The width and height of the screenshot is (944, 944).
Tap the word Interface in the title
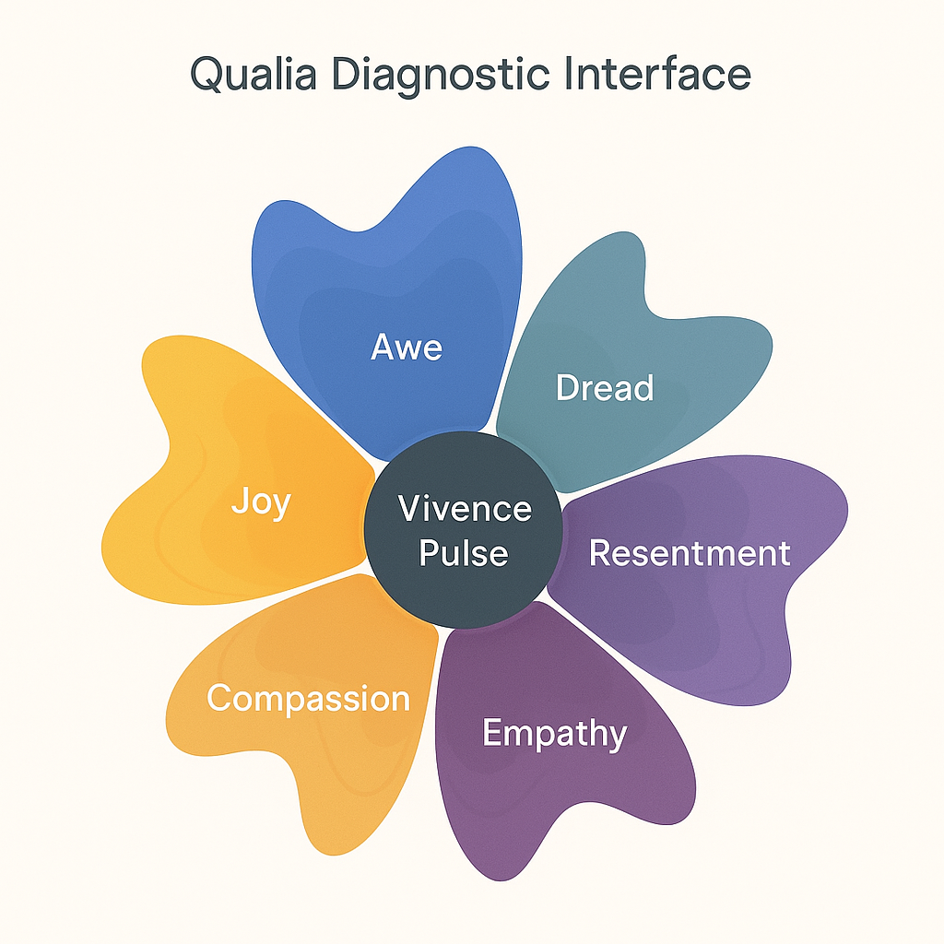(x=658, y=74)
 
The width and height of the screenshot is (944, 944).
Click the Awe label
(x=407, y=348)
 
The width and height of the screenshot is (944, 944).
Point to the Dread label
(x=605, y=387)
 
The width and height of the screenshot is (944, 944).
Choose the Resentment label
(x=690, y=553)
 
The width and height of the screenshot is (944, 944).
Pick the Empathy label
(x=554, y=734)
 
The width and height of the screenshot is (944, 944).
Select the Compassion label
(x=308, y=698)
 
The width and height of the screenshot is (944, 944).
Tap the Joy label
(x=261, y=503)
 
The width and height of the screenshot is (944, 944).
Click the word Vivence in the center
(x=465, y=509)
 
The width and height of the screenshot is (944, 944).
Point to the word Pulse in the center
(x=464, y=553)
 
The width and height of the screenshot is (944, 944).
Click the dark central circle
(x=464, y=590)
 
